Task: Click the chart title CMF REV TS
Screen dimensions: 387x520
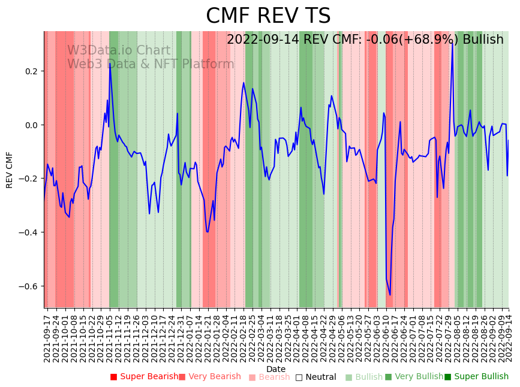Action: click(x=268, y=16)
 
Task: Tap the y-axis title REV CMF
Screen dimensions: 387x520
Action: click(x=10, y=170)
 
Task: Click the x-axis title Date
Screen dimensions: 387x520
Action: click(x=276, y=369)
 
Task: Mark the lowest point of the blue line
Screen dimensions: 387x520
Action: click(x=390, y=295)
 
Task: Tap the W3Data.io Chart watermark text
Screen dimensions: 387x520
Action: click(x=119, y=51)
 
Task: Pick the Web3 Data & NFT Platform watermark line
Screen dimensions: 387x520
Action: click(x=151, y=64)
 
